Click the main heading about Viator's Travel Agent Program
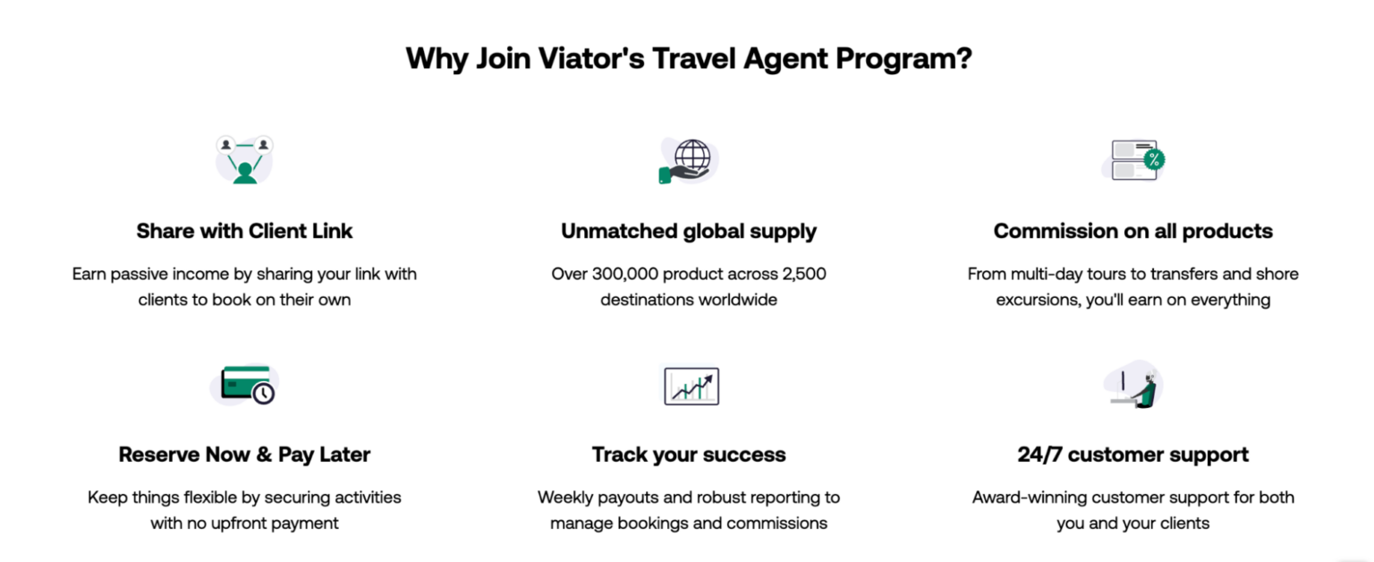coord(688,59)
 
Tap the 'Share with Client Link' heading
coord(244,231)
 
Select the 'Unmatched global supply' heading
coord(688,231)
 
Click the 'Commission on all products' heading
coord(1132,231)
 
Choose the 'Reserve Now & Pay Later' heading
coord(244,455)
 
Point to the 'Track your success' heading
coord(688,455)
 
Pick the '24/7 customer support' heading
coord(1132,455)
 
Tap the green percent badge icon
coord(1154,160)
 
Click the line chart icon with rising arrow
coord(691,386)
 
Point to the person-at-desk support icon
coord(1133,385)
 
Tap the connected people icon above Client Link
coord(244,159)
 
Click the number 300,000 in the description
coord(633,274)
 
